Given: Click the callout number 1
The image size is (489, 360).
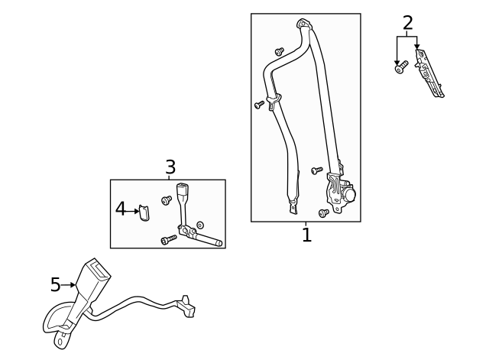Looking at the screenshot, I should (306, 235).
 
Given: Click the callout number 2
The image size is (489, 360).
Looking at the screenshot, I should (407, 23).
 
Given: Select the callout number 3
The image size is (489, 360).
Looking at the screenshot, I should (170, 167).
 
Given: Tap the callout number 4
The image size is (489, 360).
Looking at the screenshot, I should (121, 208).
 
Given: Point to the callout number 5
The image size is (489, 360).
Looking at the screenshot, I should (55, 285).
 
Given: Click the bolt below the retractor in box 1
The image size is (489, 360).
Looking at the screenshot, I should (324, 212).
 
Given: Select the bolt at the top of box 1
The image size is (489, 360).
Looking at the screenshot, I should (280, 51).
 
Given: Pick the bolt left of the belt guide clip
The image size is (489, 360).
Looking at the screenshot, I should (259, 104).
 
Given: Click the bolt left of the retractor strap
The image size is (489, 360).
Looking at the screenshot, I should (317, 170).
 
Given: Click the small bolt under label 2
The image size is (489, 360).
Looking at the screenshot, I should (399, 69).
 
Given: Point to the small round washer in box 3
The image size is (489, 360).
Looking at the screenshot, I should (200, 225).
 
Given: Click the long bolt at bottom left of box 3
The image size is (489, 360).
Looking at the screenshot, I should (169, 239).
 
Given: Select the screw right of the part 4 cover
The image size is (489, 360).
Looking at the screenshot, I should (167, 200).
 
